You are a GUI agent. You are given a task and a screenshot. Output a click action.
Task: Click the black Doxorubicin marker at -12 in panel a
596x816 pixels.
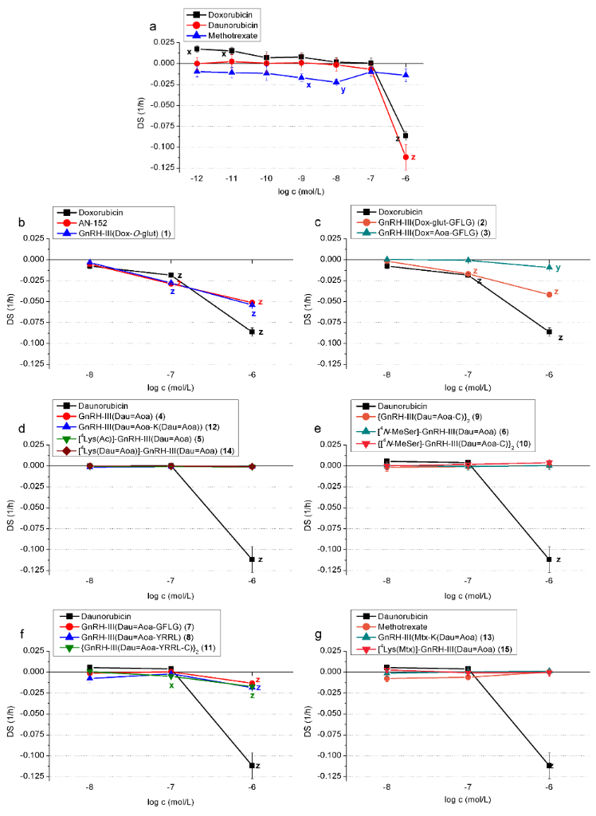[x=197, y=49]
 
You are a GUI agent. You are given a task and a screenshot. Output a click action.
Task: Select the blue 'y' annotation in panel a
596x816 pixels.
[x=343, y=89]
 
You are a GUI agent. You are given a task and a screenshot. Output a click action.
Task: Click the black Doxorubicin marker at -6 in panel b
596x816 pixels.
[x=252, y=331]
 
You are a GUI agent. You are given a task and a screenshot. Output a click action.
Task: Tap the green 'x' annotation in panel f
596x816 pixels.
[x=171, y=685]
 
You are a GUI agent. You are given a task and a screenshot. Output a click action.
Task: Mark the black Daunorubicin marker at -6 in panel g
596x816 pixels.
[x=548, y=765]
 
